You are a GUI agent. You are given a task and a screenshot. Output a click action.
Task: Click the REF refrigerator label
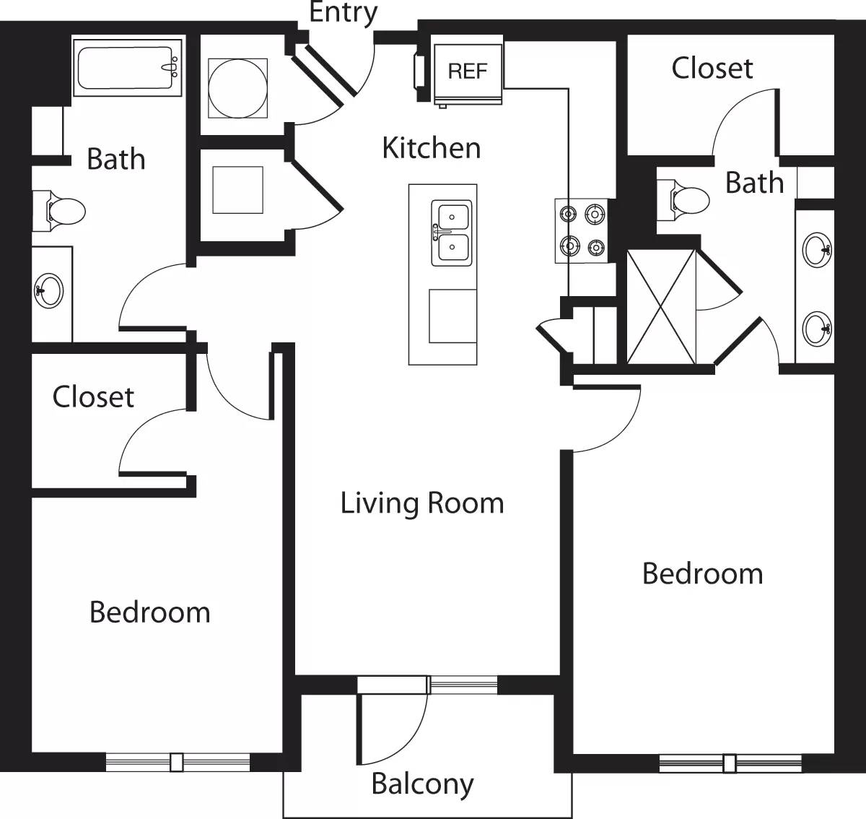pos(468,71)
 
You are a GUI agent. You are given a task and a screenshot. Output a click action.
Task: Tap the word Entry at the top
pos(344,12)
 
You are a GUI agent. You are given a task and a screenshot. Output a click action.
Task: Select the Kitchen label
pos(431,148)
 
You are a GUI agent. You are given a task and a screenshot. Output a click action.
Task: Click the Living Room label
pos(422,503)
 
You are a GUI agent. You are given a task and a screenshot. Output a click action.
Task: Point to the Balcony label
pos(422,784)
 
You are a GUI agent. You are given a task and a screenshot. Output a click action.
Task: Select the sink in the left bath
pos(49,292)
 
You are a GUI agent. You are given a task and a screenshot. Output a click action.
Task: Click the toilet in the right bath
pos(688,199)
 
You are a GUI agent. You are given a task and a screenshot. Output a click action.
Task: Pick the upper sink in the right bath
pos(817,251)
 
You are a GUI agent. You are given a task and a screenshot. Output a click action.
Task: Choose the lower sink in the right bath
pos(817,329)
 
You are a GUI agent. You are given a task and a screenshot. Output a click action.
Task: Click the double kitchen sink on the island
pos(451,233)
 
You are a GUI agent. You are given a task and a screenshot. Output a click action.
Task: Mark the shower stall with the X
pos(661,306)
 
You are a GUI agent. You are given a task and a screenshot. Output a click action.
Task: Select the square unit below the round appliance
pos(237,190)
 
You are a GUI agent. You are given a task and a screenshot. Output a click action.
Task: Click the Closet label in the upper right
pos(712,69)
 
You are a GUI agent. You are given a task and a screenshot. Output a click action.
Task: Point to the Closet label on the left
pos(93,397)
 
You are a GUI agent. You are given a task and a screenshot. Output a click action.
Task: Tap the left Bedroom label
pos(150,612)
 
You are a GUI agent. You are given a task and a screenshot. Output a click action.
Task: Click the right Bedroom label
pos(702,574)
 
